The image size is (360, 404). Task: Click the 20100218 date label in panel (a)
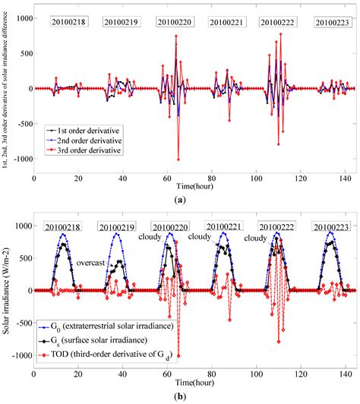click(68, 23)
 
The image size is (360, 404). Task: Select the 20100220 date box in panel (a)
click(174, 23)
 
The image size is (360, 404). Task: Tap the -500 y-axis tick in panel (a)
click(21, 124)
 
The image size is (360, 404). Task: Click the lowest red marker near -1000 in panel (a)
click(178, 159)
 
